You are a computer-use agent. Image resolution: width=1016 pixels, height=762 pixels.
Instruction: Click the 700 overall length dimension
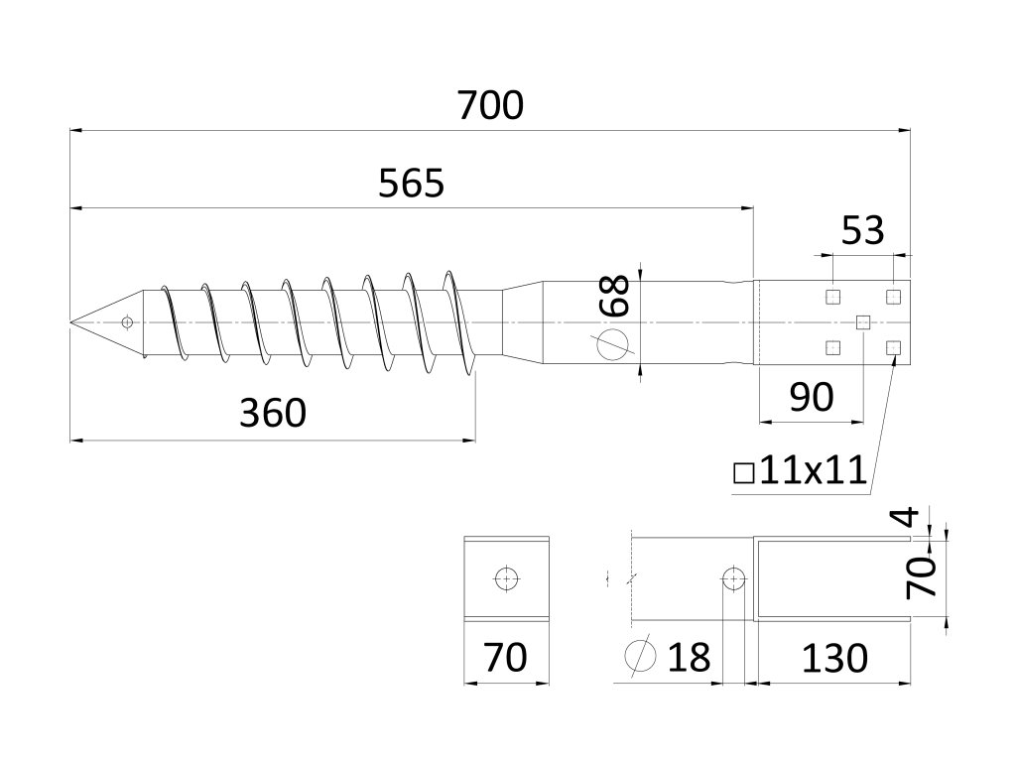coord(490,105)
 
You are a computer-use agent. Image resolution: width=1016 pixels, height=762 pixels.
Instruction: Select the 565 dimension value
coord(411,185)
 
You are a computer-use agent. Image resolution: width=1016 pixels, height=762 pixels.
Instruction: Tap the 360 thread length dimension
coord(273,413)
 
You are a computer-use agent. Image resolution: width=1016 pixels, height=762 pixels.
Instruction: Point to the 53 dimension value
coord(862,231)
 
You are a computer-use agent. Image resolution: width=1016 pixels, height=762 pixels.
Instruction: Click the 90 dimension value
coord(811,397)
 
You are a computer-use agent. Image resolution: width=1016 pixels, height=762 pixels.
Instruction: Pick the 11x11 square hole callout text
coord(814,470)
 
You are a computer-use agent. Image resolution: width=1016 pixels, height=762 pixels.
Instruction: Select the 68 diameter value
coord(617,296)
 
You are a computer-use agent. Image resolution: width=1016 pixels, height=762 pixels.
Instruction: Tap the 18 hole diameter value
coord(689,658)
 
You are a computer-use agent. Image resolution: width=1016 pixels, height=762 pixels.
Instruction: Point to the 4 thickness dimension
coord(931,516)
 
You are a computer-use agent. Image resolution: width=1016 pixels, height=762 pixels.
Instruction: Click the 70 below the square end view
coord(505,658)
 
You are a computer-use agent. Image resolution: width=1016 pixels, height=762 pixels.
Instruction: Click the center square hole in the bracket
coord(863,320)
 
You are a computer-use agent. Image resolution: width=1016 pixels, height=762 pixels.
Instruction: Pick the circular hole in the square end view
coord(506,578)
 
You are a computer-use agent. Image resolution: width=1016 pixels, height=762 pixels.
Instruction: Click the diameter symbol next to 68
coord(615,343)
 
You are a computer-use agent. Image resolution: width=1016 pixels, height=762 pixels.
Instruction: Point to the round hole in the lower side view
coord(733,577)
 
